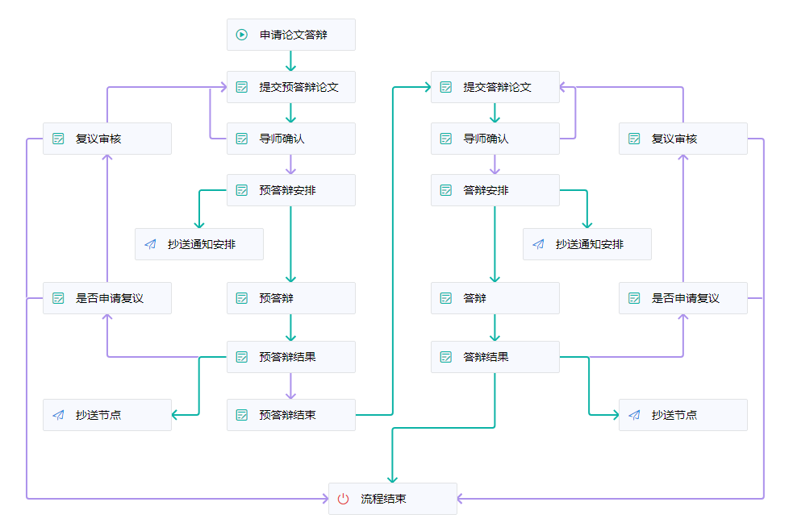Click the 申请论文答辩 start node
point(290,35)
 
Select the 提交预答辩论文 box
point(290,87)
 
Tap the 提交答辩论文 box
point(495,87)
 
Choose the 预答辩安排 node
point(290,190)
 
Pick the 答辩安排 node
point(495,190)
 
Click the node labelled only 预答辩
point(290,298)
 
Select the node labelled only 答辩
point(495,298)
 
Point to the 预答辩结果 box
point(290,357)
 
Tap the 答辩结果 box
point(495,357)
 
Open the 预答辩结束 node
point(290,415)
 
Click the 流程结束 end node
point(392,499)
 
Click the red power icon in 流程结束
point(343,499)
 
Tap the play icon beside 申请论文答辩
point(241,35)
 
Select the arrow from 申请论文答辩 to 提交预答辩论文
point(290,61)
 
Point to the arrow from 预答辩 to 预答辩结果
point(290,328)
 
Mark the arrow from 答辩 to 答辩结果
point(495,328)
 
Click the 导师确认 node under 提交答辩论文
point(495,139)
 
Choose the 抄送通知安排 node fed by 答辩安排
point(586,244)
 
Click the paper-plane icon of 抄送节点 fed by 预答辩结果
point(58,415)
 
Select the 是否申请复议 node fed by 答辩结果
point(682,298)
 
